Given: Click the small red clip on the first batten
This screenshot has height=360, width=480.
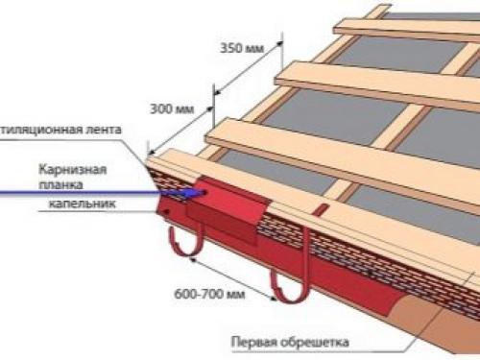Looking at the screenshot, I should click(x=324, y=208).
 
